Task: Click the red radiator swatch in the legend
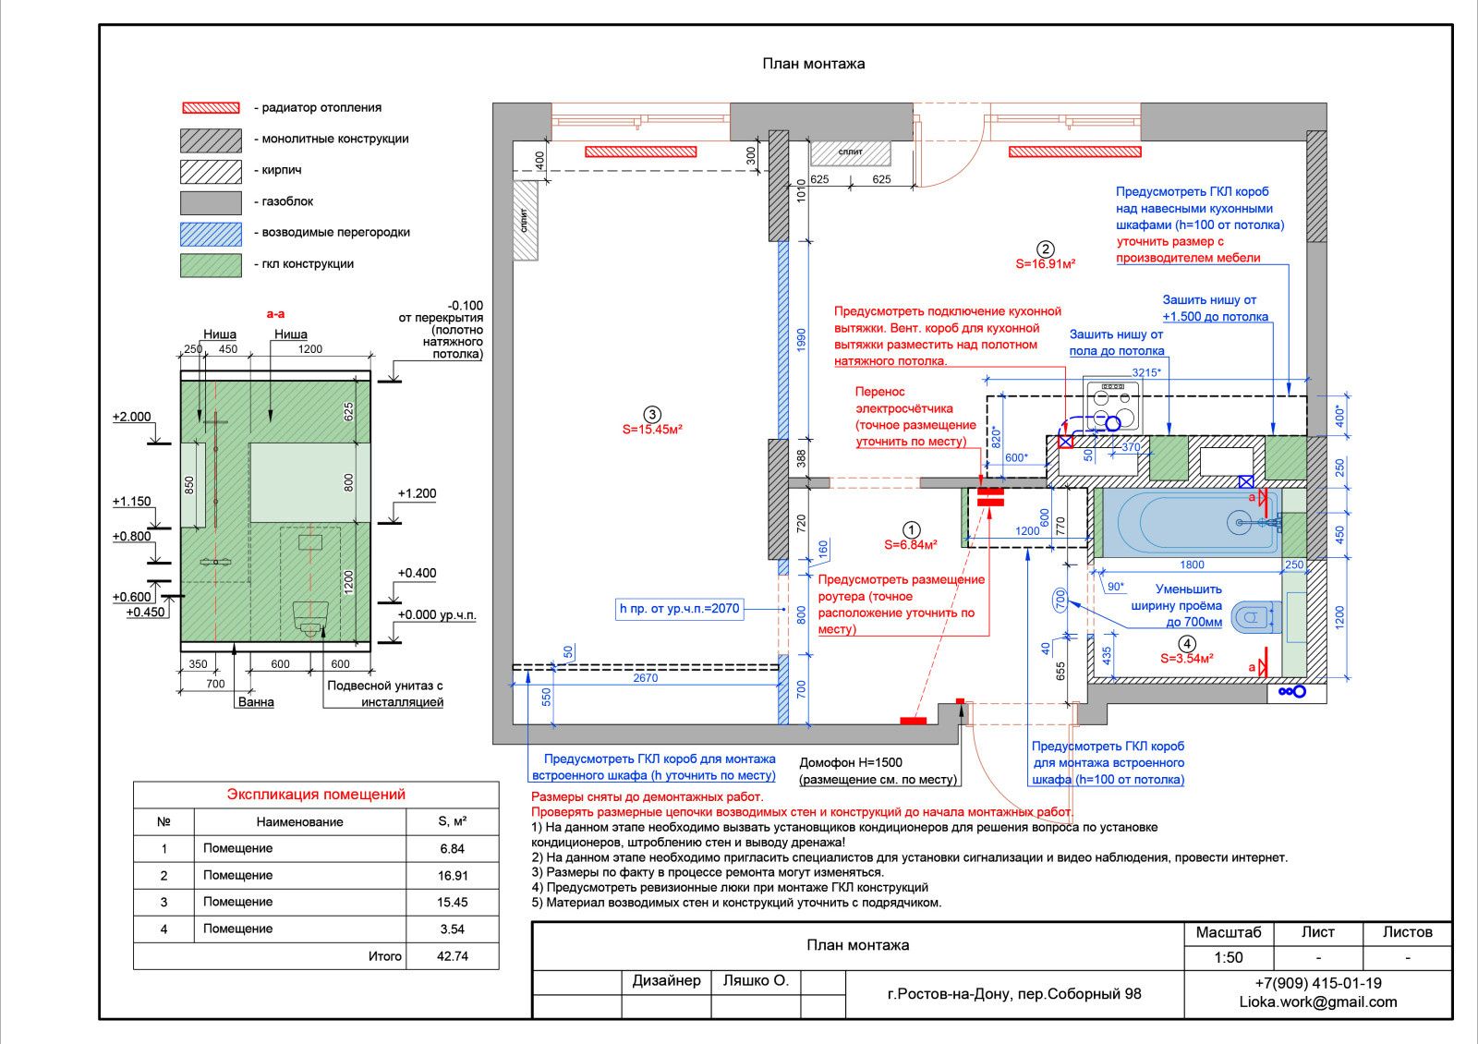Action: [211, 108]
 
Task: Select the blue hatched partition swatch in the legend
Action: [211, 234]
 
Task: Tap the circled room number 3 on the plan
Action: [652, 415]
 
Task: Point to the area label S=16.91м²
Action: [1045, 264]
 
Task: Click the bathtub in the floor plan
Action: [1192, 522]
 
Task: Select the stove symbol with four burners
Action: [1112, 406]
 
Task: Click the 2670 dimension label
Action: [645, 678]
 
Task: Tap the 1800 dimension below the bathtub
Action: [1192, 564]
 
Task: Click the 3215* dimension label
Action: [1145, 372]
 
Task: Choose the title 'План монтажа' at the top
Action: [813, 64]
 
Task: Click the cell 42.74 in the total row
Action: [452, 956]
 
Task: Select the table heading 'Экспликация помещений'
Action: [316, 795]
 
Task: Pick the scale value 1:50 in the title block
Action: [1228, 958]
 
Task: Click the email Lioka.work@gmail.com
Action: [1317, 1002]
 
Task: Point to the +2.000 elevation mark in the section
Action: [131, 417]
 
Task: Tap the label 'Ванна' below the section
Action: [256, 702]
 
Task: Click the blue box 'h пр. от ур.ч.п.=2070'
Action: [679, 609]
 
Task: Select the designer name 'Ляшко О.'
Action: [755, 981]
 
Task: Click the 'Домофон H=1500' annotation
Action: [850, 762]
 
